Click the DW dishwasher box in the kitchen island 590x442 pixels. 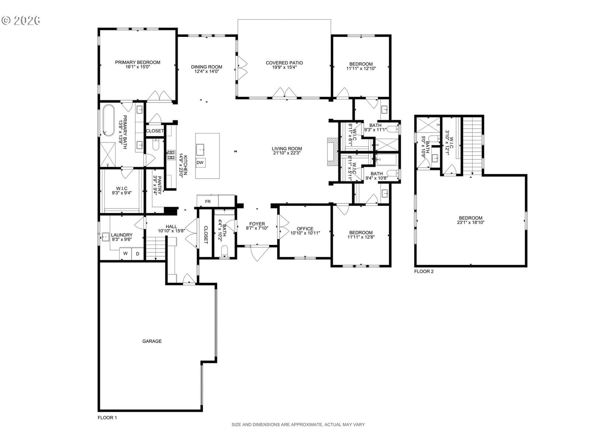[200, 163]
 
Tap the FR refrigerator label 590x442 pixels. [208, 201]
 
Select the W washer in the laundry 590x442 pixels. [125, 253]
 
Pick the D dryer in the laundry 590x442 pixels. [137, 254]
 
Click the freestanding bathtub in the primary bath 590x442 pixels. [108, 120]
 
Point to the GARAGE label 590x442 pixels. [152, 341]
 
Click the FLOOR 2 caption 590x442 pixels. [424, 271]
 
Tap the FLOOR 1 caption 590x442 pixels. [107, 418]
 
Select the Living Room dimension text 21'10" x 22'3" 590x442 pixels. [287, 153]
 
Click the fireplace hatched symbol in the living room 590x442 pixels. [333, 152]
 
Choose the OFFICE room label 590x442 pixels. [305, 229]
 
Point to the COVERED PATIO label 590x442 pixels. [284, 63]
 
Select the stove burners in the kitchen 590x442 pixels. [171, 155]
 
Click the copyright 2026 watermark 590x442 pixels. [21, 20]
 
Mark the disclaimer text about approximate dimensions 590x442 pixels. [298, 425]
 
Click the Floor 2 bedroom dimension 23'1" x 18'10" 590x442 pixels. [471, 222]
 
